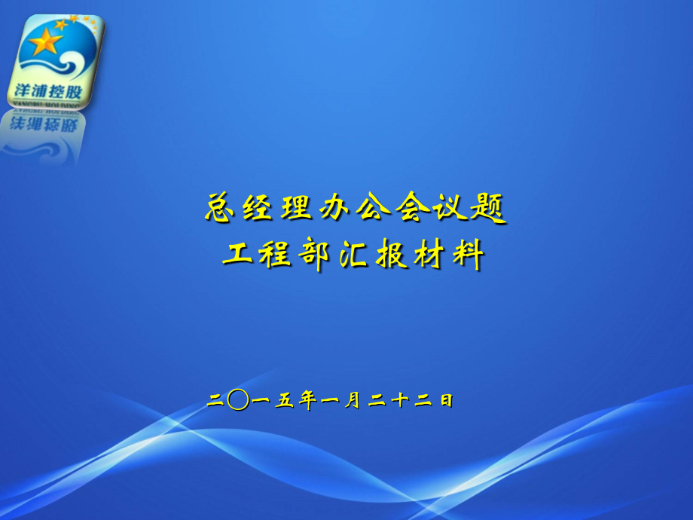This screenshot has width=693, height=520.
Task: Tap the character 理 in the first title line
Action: pos(296,207)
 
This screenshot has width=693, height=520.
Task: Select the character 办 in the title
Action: pos(334,207)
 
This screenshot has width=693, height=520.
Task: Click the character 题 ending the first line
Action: pos(488,208)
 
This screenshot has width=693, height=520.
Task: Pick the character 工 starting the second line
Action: pos(237,253)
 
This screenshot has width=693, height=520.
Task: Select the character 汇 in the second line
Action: pos(353,255)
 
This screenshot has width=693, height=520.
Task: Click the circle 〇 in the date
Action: pos(238,400)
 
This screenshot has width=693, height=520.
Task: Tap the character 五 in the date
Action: pos(285,400)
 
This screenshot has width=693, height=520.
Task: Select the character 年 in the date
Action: pos(307,400)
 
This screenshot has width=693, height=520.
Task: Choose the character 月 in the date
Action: pos(353,401)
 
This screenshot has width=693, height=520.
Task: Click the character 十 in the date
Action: pos(399,400)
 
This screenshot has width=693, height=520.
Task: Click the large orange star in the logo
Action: pos(44,41)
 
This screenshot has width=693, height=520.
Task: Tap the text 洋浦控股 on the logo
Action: pos(48,91)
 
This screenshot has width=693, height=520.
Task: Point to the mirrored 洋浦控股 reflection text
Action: pos(44,124)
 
